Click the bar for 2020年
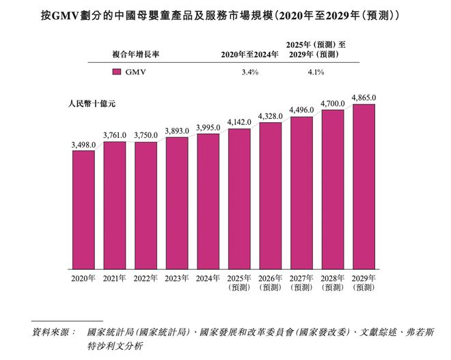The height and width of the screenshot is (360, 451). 83,209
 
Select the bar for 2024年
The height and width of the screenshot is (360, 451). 208,201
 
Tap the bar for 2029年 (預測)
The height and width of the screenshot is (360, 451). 364,186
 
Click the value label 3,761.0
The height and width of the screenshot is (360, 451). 114,135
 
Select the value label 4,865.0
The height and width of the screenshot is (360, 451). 364,98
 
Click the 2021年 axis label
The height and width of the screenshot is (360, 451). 114,278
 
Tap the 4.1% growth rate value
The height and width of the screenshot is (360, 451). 315,72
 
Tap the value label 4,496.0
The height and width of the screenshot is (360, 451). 301,110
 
